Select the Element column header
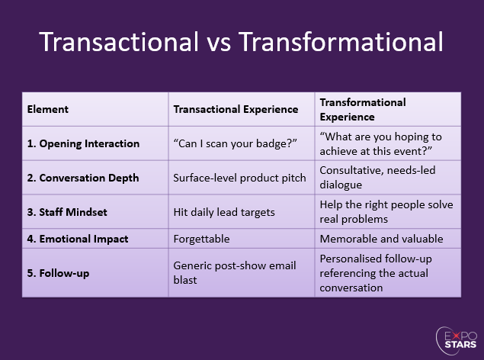click(x=48, y=109)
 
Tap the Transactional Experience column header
click(x=236, y=109)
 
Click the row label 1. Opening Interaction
click(x=83, y=143)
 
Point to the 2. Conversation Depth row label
click(x=83, y=178)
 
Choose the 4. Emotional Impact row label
click(x=78, y=239)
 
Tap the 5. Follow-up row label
click(x=59, y=272)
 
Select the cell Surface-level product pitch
click(x=240, y=178)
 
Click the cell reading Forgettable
click(x=202, y=239)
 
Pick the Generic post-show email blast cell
click(x=234, y=272)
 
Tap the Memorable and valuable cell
click(x=381, y=239)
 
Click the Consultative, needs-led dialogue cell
click(x=377, y=177)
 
